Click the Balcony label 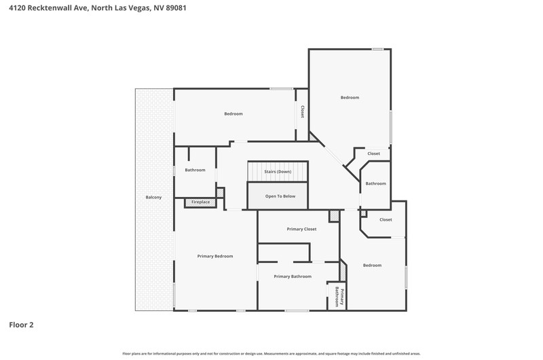pos(153,197)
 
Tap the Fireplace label pos(200,202)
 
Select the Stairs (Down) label pos(278,172)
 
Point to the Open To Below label pos(280,196)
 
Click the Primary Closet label pos(301,229)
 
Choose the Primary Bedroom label pos(215,256)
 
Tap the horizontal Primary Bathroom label pos(293,276)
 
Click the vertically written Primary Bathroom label pos(339,297)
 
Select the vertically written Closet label pos(302,111)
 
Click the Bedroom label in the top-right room pos(350,98)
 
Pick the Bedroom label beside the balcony pos(233,113)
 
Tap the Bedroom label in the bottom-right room pos(372,266)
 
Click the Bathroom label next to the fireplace pos(195,170)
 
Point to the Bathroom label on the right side pos(376,183)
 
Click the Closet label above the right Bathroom pos(374,154)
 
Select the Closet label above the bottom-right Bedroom pos(386,219)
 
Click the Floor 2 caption pos(22,325)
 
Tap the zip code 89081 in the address pos(176,7)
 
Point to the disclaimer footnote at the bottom pos(271,354)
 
